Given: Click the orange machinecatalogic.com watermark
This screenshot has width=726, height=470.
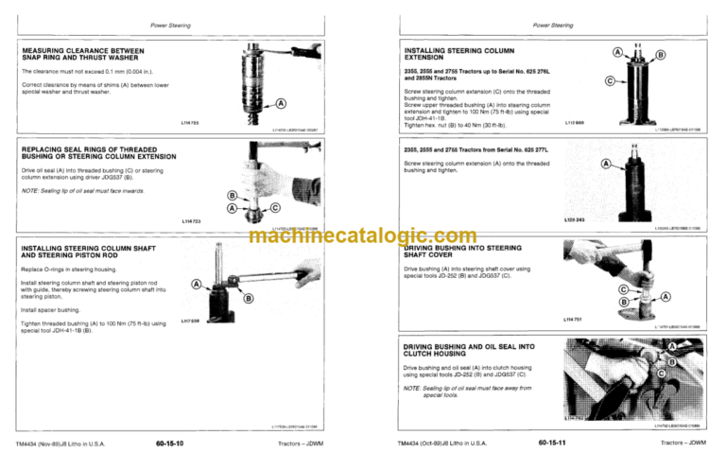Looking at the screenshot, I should click(x=363, y=236).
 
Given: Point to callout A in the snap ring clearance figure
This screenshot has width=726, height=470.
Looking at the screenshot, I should click(x=283, y=103).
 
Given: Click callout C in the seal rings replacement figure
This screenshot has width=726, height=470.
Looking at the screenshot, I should click(x=274, y=207).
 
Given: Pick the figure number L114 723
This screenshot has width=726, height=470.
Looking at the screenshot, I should click(x=196, y=220).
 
